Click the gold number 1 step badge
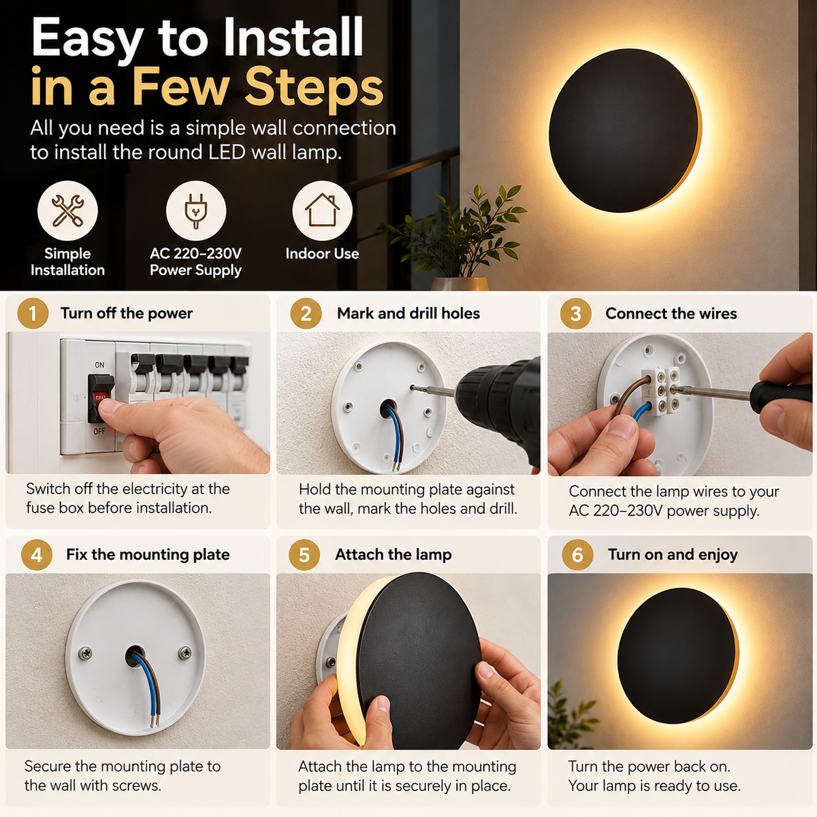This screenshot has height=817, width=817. pos(33,313)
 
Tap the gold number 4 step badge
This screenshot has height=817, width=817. pos(37,555)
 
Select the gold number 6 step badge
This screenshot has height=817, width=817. pos(577,555)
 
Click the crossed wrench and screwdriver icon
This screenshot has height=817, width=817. pos(68,210)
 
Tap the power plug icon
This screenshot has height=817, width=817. pos(195,210)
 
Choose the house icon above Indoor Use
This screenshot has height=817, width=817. pos(322,210)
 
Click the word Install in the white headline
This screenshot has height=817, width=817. pos(293,37)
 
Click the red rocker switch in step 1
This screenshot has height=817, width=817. pos(101,398)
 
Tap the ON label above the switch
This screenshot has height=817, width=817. pos(99,365)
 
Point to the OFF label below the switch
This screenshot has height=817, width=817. pos(99,431)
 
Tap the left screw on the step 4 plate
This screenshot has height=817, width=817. pos(86,652)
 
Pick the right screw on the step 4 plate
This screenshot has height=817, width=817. pos(185,652)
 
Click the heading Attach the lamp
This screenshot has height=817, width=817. pos(394,555)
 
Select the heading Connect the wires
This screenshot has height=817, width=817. pos(671,313)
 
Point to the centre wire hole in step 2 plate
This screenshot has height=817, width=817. pos(388,408)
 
